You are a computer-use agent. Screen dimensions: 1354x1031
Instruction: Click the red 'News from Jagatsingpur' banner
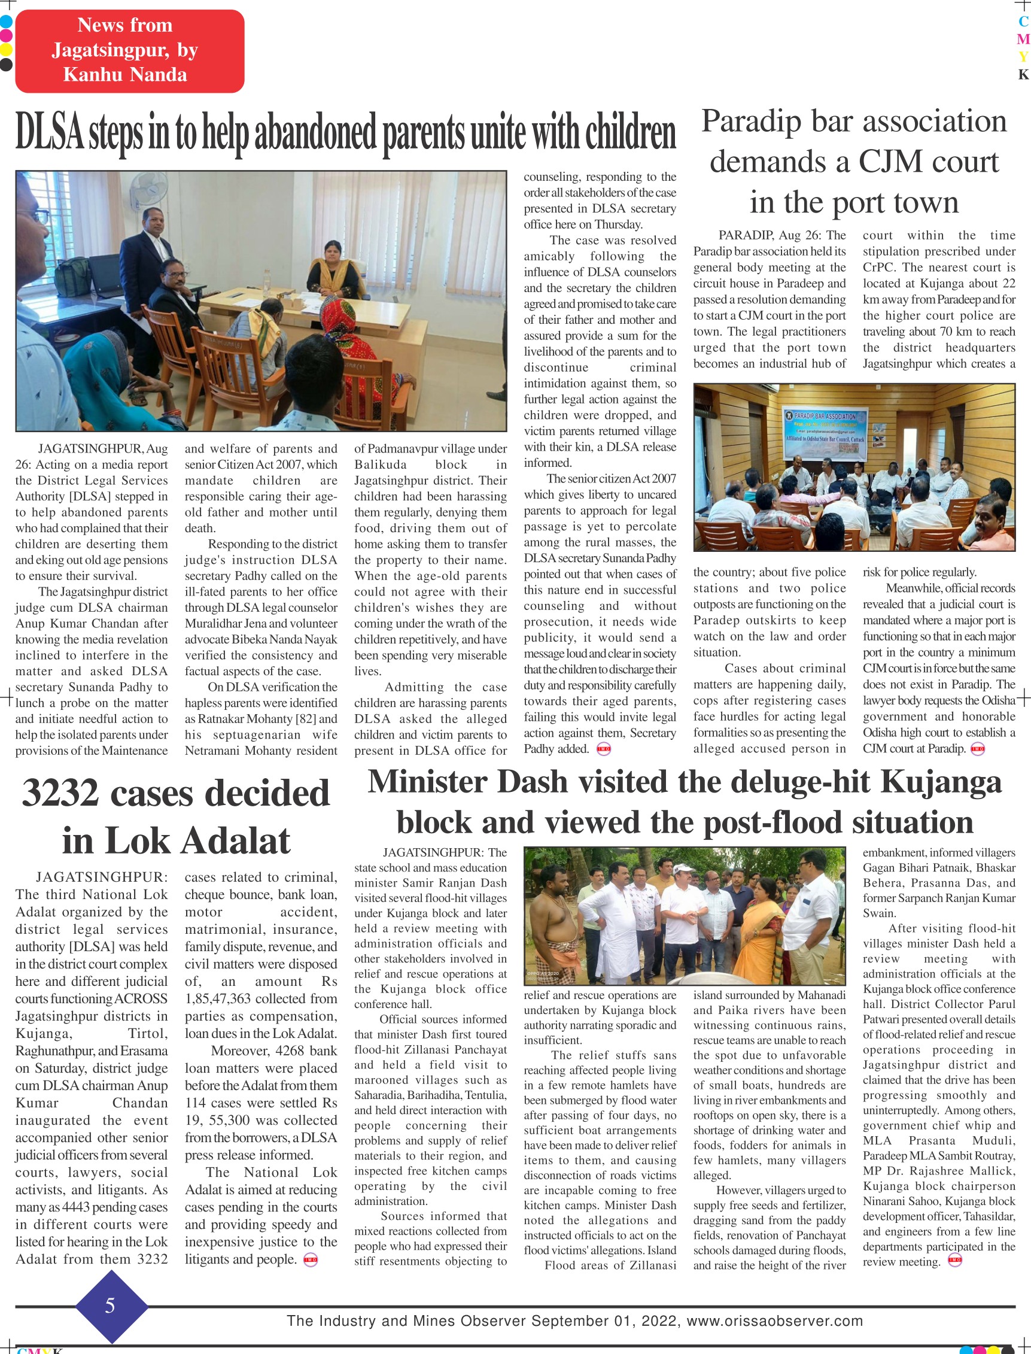129,51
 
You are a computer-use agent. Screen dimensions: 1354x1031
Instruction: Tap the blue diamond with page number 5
111,1306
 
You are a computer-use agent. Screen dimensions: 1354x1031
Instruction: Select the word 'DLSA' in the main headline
49,132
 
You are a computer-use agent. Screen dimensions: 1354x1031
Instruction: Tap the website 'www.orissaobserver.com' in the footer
774,1320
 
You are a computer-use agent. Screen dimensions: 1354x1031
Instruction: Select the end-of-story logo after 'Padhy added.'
603,749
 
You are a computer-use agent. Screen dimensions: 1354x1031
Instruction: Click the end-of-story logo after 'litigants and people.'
311,1260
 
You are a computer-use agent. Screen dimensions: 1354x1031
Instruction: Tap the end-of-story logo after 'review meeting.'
955,1261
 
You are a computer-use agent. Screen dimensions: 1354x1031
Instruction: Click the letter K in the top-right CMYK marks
1023,74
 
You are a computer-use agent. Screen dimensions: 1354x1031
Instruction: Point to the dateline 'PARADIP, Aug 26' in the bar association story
770,235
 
